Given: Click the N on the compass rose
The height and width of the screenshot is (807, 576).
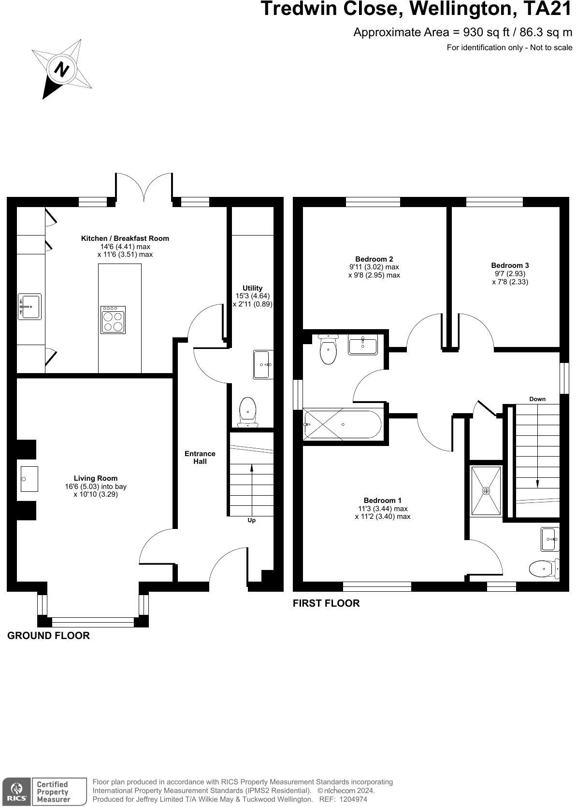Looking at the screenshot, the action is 62,69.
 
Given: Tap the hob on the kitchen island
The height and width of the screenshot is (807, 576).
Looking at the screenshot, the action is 113,320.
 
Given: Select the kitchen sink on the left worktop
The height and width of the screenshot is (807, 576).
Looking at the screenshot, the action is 29,306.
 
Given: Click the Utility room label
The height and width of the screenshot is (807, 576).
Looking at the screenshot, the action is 252,288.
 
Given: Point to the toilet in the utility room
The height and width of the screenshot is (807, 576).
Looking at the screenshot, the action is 248,412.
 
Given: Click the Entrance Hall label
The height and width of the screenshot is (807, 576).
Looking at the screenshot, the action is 200,457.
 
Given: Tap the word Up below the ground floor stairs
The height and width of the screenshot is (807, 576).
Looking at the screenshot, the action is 251,520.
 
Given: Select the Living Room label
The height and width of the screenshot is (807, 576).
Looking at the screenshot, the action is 96,478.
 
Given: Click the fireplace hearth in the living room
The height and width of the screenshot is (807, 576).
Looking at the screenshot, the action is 29,479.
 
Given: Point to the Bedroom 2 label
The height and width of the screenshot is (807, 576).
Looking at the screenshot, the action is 374,259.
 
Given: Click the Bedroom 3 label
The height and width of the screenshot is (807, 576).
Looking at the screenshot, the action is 510,265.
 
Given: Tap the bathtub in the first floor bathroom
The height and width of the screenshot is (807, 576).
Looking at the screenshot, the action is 342,424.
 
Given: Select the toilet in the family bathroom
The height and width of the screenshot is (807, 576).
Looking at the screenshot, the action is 328,349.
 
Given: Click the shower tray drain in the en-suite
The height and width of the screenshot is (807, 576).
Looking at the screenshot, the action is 486,491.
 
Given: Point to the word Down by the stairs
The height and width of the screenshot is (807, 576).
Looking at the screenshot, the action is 537,399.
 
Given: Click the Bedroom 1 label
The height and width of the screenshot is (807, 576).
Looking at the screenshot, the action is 382,500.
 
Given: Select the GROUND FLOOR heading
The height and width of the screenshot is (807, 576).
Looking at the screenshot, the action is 48,635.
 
